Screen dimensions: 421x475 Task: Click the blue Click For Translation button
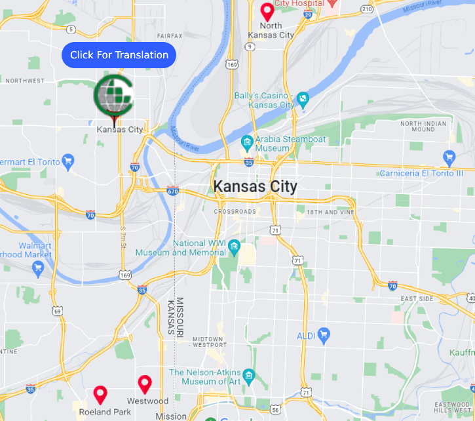tap(119, 55)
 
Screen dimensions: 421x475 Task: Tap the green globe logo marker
tap(114, 96)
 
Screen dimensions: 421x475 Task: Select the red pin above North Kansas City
tap(267, 11)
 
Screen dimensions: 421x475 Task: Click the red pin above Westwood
tap(145, 384)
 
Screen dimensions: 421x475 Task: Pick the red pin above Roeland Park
tap(100, 394)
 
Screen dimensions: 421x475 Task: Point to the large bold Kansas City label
tap(255, 187)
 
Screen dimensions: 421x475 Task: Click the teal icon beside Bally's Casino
tap(303, 100)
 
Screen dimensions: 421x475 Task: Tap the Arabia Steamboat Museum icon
tap(246, 142)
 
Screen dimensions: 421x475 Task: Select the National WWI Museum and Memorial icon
tap(235, 247)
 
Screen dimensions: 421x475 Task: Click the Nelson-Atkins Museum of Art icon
tap(248, 376)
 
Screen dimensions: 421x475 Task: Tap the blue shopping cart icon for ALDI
tap(323, 334)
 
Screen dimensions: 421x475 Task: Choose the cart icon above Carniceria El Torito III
tap(449, 157)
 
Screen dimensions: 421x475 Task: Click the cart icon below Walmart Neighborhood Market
tap(38, 267)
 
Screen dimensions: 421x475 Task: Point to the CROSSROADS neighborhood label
tap(235, 212)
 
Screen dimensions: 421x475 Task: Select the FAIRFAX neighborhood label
tap(170, 36)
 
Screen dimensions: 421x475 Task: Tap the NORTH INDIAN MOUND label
tap(423, 126)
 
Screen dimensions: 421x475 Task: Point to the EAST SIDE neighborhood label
tap(417, 299)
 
